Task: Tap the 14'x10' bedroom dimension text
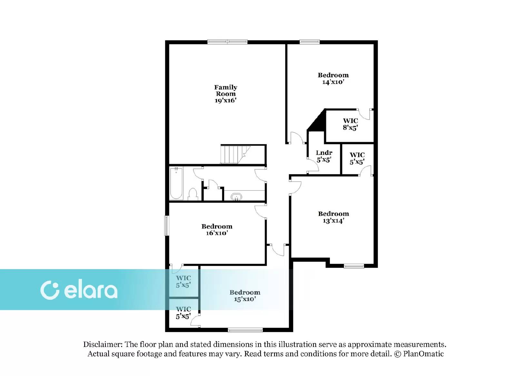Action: [333, 82]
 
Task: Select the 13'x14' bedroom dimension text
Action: [333, 221]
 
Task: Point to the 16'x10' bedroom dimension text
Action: [217, 233]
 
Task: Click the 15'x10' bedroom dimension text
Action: [245, 299]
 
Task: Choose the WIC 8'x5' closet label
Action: [350, 124]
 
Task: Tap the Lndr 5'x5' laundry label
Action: [324, 156]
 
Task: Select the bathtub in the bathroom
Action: [176, 183]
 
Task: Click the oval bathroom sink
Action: [236, 197]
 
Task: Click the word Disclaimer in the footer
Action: [103, 344]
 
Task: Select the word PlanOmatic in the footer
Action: [423, 354]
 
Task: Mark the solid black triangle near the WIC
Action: [317, 120]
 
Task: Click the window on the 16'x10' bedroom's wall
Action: [166, 225]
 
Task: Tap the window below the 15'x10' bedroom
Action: [245, 330]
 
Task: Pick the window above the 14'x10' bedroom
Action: [310, 42]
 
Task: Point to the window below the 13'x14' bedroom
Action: [354, 266]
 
